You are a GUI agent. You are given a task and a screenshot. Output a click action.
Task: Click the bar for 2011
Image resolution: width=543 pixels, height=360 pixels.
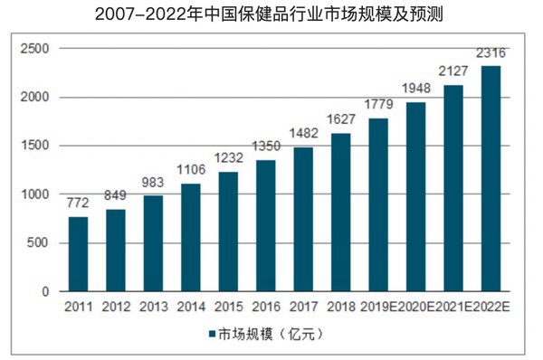[78, 254]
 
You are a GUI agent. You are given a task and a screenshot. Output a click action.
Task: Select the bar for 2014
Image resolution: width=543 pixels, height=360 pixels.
[191, 238]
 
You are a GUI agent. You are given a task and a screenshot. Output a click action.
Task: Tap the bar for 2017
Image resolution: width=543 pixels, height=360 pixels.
[303, 220]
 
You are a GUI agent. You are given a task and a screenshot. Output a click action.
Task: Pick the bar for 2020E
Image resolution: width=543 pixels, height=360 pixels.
[416, 197]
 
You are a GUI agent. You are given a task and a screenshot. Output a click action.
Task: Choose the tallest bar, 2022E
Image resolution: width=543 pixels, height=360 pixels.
[491, 178]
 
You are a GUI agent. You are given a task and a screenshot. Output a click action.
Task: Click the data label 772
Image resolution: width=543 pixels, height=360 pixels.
[78, 203]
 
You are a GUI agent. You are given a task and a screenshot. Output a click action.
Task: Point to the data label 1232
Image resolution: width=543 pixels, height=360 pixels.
[229, 158]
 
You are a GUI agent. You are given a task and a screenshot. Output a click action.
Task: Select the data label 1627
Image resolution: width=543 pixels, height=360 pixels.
[341, 119]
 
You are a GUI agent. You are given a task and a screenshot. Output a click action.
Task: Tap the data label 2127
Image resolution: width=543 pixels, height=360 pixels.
[453, 71]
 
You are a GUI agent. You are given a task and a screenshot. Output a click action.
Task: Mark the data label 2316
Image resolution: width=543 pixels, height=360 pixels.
[491, 53]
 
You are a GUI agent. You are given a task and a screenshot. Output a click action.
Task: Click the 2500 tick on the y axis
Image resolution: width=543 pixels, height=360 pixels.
[35, 49]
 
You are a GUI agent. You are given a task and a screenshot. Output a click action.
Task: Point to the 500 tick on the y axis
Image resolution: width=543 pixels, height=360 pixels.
[38, 242]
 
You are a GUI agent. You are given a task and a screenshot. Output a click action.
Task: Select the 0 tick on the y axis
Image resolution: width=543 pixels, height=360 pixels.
[45, 292]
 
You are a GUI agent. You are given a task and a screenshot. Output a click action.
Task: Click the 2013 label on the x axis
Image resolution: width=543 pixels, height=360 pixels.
[154, 307]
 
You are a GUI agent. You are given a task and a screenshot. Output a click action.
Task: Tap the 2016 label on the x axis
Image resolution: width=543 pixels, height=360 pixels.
[266, 307]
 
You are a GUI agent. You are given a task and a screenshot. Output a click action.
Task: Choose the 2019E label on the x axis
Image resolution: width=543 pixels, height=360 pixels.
[378, 307]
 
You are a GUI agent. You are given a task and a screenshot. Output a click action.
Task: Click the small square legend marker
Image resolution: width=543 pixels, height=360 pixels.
[212, 334]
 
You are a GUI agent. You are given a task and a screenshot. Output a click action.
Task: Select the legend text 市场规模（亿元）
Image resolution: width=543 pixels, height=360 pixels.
[271, 335]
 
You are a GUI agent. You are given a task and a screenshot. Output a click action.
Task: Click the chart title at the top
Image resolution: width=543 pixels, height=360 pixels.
[269, 14]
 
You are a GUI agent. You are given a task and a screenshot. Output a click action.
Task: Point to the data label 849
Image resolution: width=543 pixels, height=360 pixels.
[115, 195]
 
